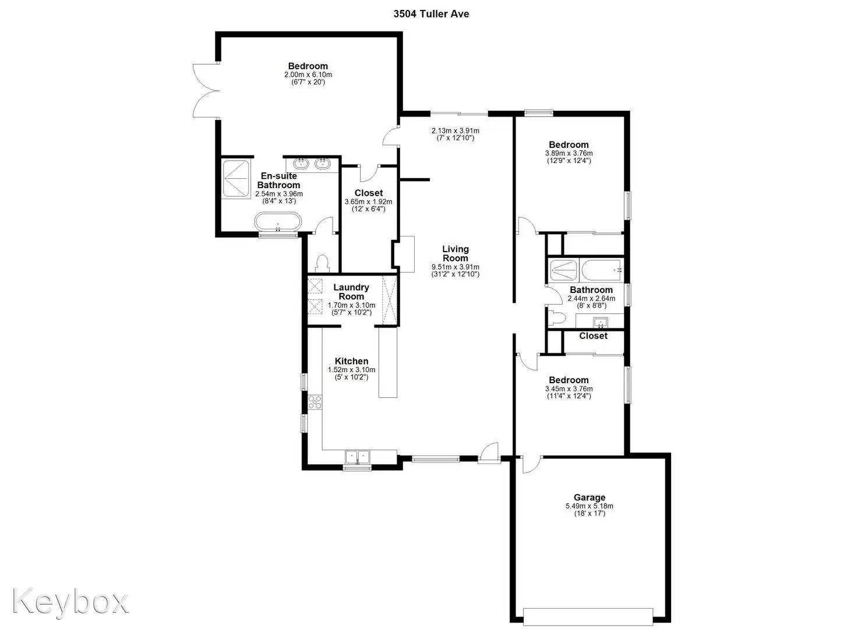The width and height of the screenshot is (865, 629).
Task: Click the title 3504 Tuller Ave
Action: (x=431, y=13)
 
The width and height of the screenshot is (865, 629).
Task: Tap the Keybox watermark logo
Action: (x=70, y=600)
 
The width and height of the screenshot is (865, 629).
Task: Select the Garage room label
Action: (x=589, y=497)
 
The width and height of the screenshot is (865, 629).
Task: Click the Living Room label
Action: (x=455, y=253)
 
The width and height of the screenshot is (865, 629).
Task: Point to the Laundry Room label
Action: (x=351, y=291)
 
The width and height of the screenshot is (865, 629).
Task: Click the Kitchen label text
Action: (x=351, y=361)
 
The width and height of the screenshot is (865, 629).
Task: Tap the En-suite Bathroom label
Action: (x=278, y=181)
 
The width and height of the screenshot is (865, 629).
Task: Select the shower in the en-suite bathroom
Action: (x=236, y=178)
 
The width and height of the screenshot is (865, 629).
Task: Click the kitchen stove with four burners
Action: (x=315, y=402)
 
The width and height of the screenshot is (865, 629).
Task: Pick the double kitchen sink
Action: (x=356, y=457)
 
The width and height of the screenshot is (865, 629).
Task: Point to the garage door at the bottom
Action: (x=588, y=616)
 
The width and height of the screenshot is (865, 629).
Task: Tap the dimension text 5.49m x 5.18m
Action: (x=589, y=506)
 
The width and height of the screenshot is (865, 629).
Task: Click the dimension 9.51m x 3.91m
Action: (x=455, y=267)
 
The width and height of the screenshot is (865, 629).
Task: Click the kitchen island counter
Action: (x=387, y=362)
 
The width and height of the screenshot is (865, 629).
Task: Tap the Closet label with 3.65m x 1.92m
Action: (x=368, y=193)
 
